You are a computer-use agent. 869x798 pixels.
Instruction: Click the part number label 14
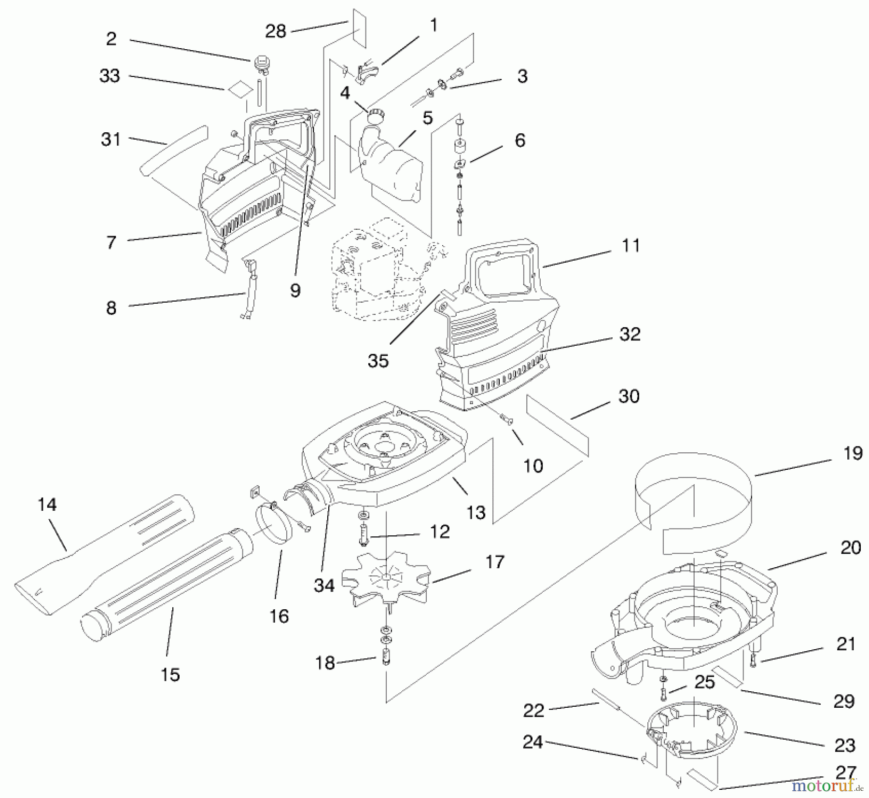pos(47,505)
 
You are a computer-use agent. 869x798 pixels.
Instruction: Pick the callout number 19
pos(853,453)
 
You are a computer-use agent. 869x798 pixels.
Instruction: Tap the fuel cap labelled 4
pos(375,116)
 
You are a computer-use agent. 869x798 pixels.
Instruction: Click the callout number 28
pos(276,31)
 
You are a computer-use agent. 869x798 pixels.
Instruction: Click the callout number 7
pos(111,242)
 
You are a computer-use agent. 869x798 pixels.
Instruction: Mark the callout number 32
pos(630,334)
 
